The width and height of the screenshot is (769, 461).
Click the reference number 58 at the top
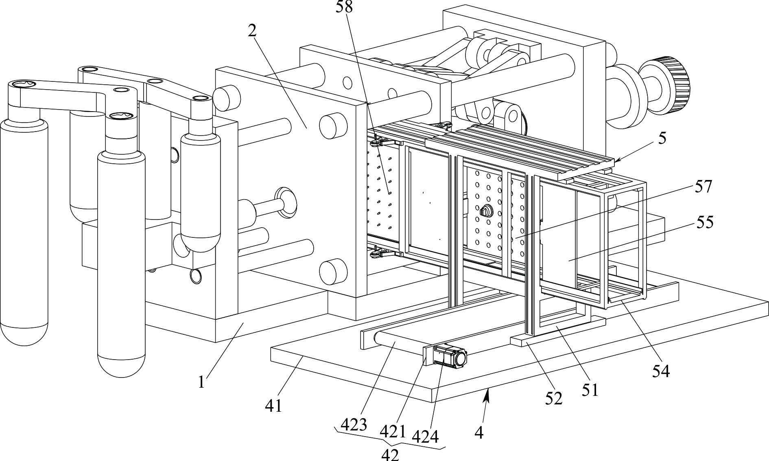click(344, 7)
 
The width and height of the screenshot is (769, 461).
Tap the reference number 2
click(253, 31)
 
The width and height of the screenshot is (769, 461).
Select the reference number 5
click(662, 138)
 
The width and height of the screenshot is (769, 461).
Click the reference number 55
click(705, 223)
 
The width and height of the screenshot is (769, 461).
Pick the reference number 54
click(661, 371)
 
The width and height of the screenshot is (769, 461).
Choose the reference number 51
click(590, 390)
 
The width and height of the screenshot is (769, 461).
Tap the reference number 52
click(554, 398)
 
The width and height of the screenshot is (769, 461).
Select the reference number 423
click(354, 425)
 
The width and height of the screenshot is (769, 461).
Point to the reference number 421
click(393, 431)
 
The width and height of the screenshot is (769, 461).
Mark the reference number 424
click(426, 437)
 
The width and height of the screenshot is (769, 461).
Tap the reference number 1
click(201, 382)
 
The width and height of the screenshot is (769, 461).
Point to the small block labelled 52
click(557, 332)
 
